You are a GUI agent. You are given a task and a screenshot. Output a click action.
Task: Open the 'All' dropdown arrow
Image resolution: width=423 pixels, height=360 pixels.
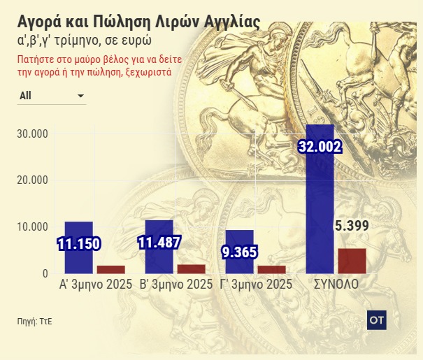click(80, 96)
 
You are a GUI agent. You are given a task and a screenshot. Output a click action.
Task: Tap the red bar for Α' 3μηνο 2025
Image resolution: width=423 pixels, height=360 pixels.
click(110, 269)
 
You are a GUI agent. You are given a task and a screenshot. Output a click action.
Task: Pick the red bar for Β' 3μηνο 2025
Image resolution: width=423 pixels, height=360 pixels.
click(191, 268)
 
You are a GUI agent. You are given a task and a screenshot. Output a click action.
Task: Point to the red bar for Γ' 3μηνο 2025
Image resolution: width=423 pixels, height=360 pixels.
click(271, 269)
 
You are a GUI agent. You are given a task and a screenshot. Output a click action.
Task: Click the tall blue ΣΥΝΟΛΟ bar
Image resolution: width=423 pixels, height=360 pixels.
click(320, 210)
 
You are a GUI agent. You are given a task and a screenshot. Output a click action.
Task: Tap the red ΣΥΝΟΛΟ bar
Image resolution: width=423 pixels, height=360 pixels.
click(352, 261)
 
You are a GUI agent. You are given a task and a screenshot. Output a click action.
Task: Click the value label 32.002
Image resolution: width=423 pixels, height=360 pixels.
click(320, 146)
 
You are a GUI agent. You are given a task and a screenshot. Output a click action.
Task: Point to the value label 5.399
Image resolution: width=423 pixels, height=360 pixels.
click(352, 225)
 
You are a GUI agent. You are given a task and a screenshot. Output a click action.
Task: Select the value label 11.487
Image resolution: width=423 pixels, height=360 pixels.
click(159, 243)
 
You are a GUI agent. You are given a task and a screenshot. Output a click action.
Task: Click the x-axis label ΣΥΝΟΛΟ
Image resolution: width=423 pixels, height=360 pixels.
click(336, 285)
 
